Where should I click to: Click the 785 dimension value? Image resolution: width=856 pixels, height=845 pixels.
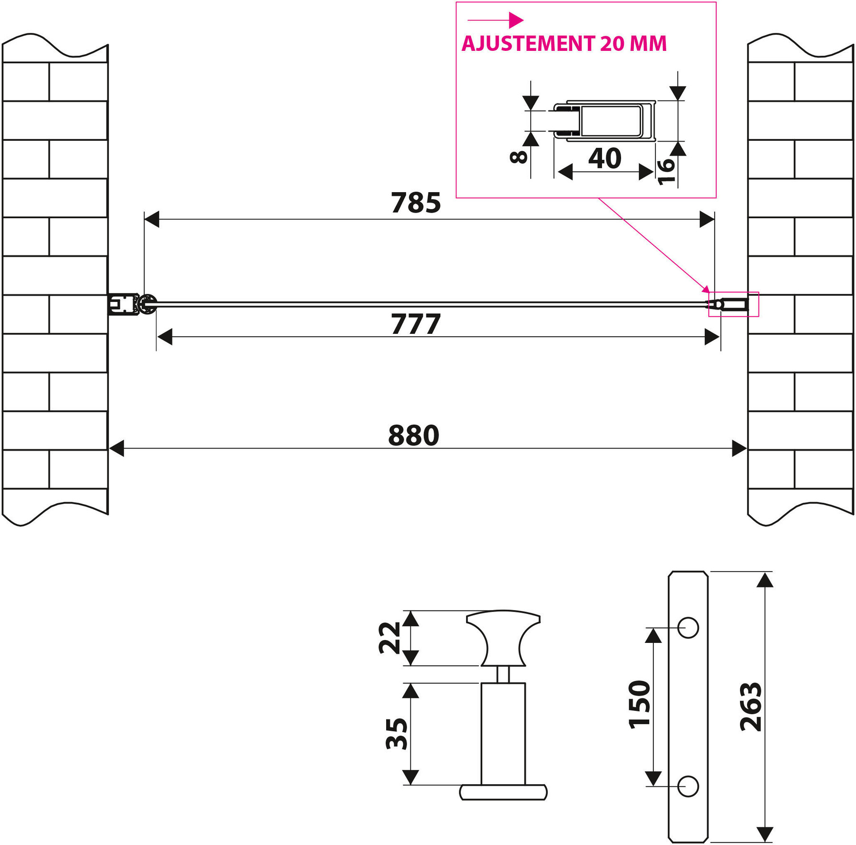(x=416, y=203)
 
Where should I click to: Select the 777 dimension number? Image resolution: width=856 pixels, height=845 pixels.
(x=416, y=324)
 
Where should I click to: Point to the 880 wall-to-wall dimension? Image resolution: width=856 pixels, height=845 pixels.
(x=414, y=436)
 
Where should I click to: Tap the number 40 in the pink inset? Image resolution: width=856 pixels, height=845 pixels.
(x=605, y=158)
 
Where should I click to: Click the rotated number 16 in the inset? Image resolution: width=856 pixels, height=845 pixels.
(x=666, y=171)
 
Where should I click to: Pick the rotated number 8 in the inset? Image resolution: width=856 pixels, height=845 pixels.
(x=518, y=157)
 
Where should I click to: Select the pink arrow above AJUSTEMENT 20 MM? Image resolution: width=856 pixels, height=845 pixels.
(x=496, y=20)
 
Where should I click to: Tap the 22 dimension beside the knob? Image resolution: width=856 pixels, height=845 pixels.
(x=390, y=638)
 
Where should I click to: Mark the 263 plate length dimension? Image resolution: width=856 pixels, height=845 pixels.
(x=751, y=707)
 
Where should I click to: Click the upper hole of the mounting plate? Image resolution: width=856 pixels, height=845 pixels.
(x=688, y=628)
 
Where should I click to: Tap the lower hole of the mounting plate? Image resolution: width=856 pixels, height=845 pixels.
(x=688, y=787)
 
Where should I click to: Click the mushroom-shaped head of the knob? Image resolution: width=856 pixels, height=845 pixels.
(x=503, y=638)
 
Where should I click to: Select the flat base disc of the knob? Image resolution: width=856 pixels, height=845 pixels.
(x=503, y=792)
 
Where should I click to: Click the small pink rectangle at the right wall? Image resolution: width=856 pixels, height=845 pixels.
(x=733, y=304)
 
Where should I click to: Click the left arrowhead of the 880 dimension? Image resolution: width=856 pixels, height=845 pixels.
(x=117, y=448)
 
